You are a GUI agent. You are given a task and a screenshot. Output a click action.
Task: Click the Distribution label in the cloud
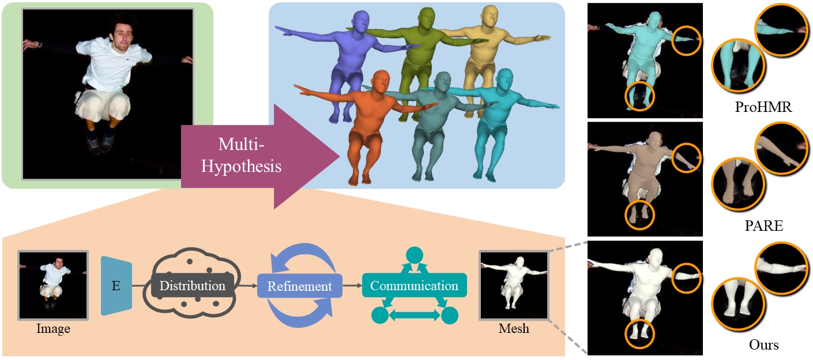pyautogui.click(x=193, y=286)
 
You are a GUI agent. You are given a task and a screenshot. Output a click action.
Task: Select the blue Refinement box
pyautogui.click(x=299, y=286)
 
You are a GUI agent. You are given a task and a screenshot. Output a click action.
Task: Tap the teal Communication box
pyautogui.click(x=414, y=286)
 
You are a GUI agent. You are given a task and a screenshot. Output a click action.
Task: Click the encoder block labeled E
pyautogui.click(x=116, y=286)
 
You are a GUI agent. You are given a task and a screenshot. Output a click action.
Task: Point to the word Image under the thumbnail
pyautogui.click(x=52, y=329)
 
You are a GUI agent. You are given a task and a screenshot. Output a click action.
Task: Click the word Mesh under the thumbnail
pyautogui.click(x=513, y=329)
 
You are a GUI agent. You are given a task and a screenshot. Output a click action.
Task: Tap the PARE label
pyautogui.click(x=762, y=226)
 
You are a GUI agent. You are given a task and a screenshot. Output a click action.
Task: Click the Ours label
pyautogui.click(x=764, y=345)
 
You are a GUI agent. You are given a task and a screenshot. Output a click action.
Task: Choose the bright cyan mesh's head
pyautogui.click(x=503, y=80)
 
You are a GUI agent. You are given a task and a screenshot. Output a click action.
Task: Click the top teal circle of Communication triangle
pyautogui.click(x=415, y=255)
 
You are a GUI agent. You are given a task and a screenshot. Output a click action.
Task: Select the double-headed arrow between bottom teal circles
pyautogui.click(x=415, y=315)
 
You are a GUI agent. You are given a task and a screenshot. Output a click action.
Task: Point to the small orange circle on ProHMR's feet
pyautogui.click(x=640, y=96)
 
